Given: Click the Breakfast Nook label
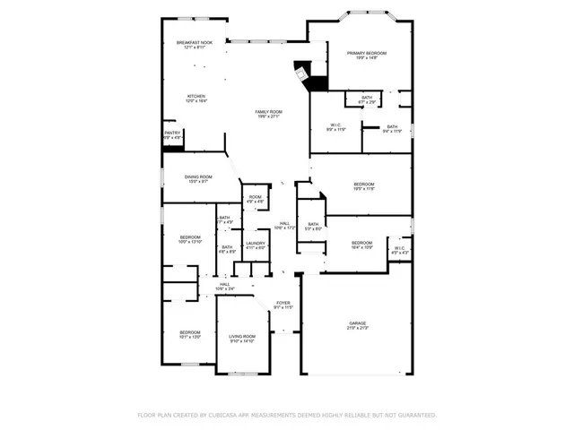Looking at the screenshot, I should pyautogui.click(x=195, y=43).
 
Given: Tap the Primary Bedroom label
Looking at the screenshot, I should pyautogui.click(x=367, y=54).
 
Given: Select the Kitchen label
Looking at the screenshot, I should pyautogui.click(x=196, y=97).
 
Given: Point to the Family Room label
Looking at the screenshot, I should pyautogui.click(x=269, y=112).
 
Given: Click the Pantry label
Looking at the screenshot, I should pyautogui.click(x=173, y=133).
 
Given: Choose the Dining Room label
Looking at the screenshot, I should pyautogui.click(x=198, y=177).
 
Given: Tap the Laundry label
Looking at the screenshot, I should pyautogui.click(x=256, y=243).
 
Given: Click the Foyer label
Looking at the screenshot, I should pyautogui.click(x=283, y=303).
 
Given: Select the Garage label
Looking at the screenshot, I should pyautogui.click(x=358, y=322).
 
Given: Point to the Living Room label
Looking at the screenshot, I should pyautogui.click(x=243, y=336).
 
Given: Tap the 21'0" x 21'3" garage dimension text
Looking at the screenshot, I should pyautogui.click(x=358, y=329).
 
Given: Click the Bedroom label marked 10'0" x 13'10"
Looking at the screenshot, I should pyautogui.click(x=190, y=237).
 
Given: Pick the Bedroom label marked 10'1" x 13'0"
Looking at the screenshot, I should pyautogui.click(x=189, y=331).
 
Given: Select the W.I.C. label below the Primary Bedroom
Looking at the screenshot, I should pyautogui.click(x=335, y=125).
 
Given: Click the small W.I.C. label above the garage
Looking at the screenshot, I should pyautogui.click(x=400, y=248).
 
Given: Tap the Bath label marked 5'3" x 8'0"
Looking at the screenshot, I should pyautogui.click(x=313, y=224).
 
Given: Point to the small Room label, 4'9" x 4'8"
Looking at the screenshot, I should pyautogui.click(x=256, y=197).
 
